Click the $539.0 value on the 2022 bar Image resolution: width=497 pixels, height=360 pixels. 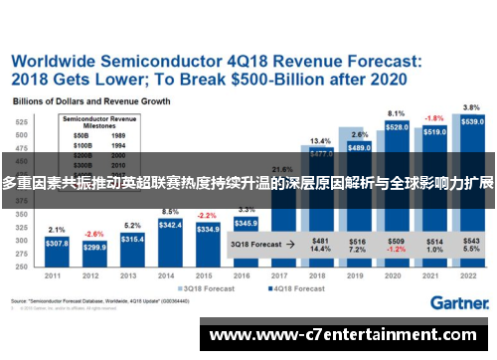pos(473,121)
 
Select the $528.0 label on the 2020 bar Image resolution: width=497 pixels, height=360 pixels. pos(397,127)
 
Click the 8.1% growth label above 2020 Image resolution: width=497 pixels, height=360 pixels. pos(396,113)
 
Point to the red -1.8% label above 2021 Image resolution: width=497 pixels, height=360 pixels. pos(434,117)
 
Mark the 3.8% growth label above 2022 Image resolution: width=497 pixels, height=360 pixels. pos(472,106)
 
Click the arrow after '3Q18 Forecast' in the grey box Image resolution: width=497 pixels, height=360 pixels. pos(289,242)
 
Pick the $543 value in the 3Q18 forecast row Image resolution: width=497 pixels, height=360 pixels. pos(472,239)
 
